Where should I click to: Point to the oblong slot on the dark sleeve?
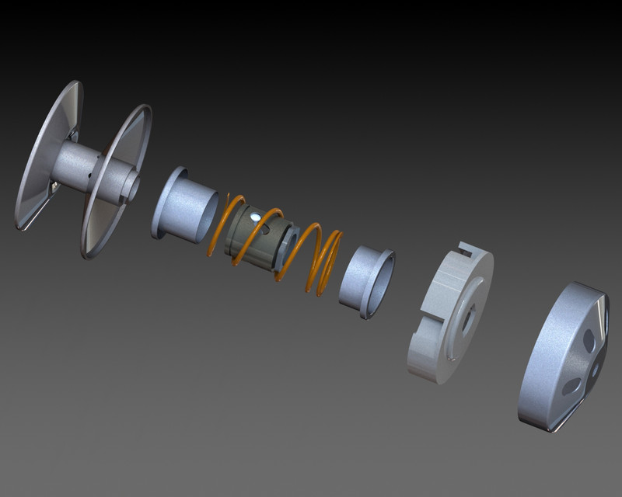[x=267, y=228]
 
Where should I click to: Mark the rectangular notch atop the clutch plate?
[x=467, y=250]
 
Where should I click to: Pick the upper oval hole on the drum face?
[x=589, y=337]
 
